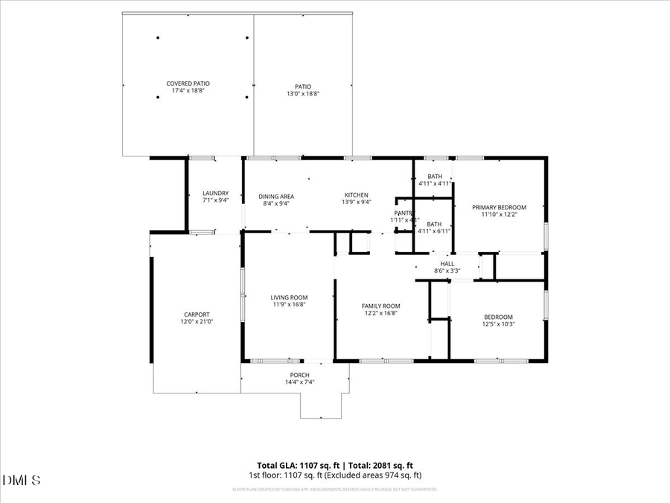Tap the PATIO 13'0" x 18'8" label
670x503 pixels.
pos(299,90)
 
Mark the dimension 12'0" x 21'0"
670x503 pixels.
pos(197,322)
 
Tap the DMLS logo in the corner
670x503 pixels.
pos(22,479)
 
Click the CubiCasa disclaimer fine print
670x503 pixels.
pos(334,490)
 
